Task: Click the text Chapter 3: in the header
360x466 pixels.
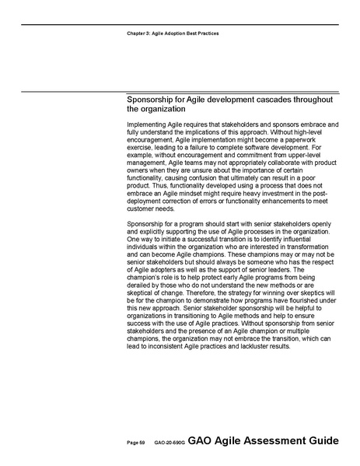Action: pos(138,34)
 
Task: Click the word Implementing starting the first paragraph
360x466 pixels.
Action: pos(148,124)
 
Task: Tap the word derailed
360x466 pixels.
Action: pos(139,282)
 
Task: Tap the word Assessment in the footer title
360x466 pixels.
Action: pos(274,441)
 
